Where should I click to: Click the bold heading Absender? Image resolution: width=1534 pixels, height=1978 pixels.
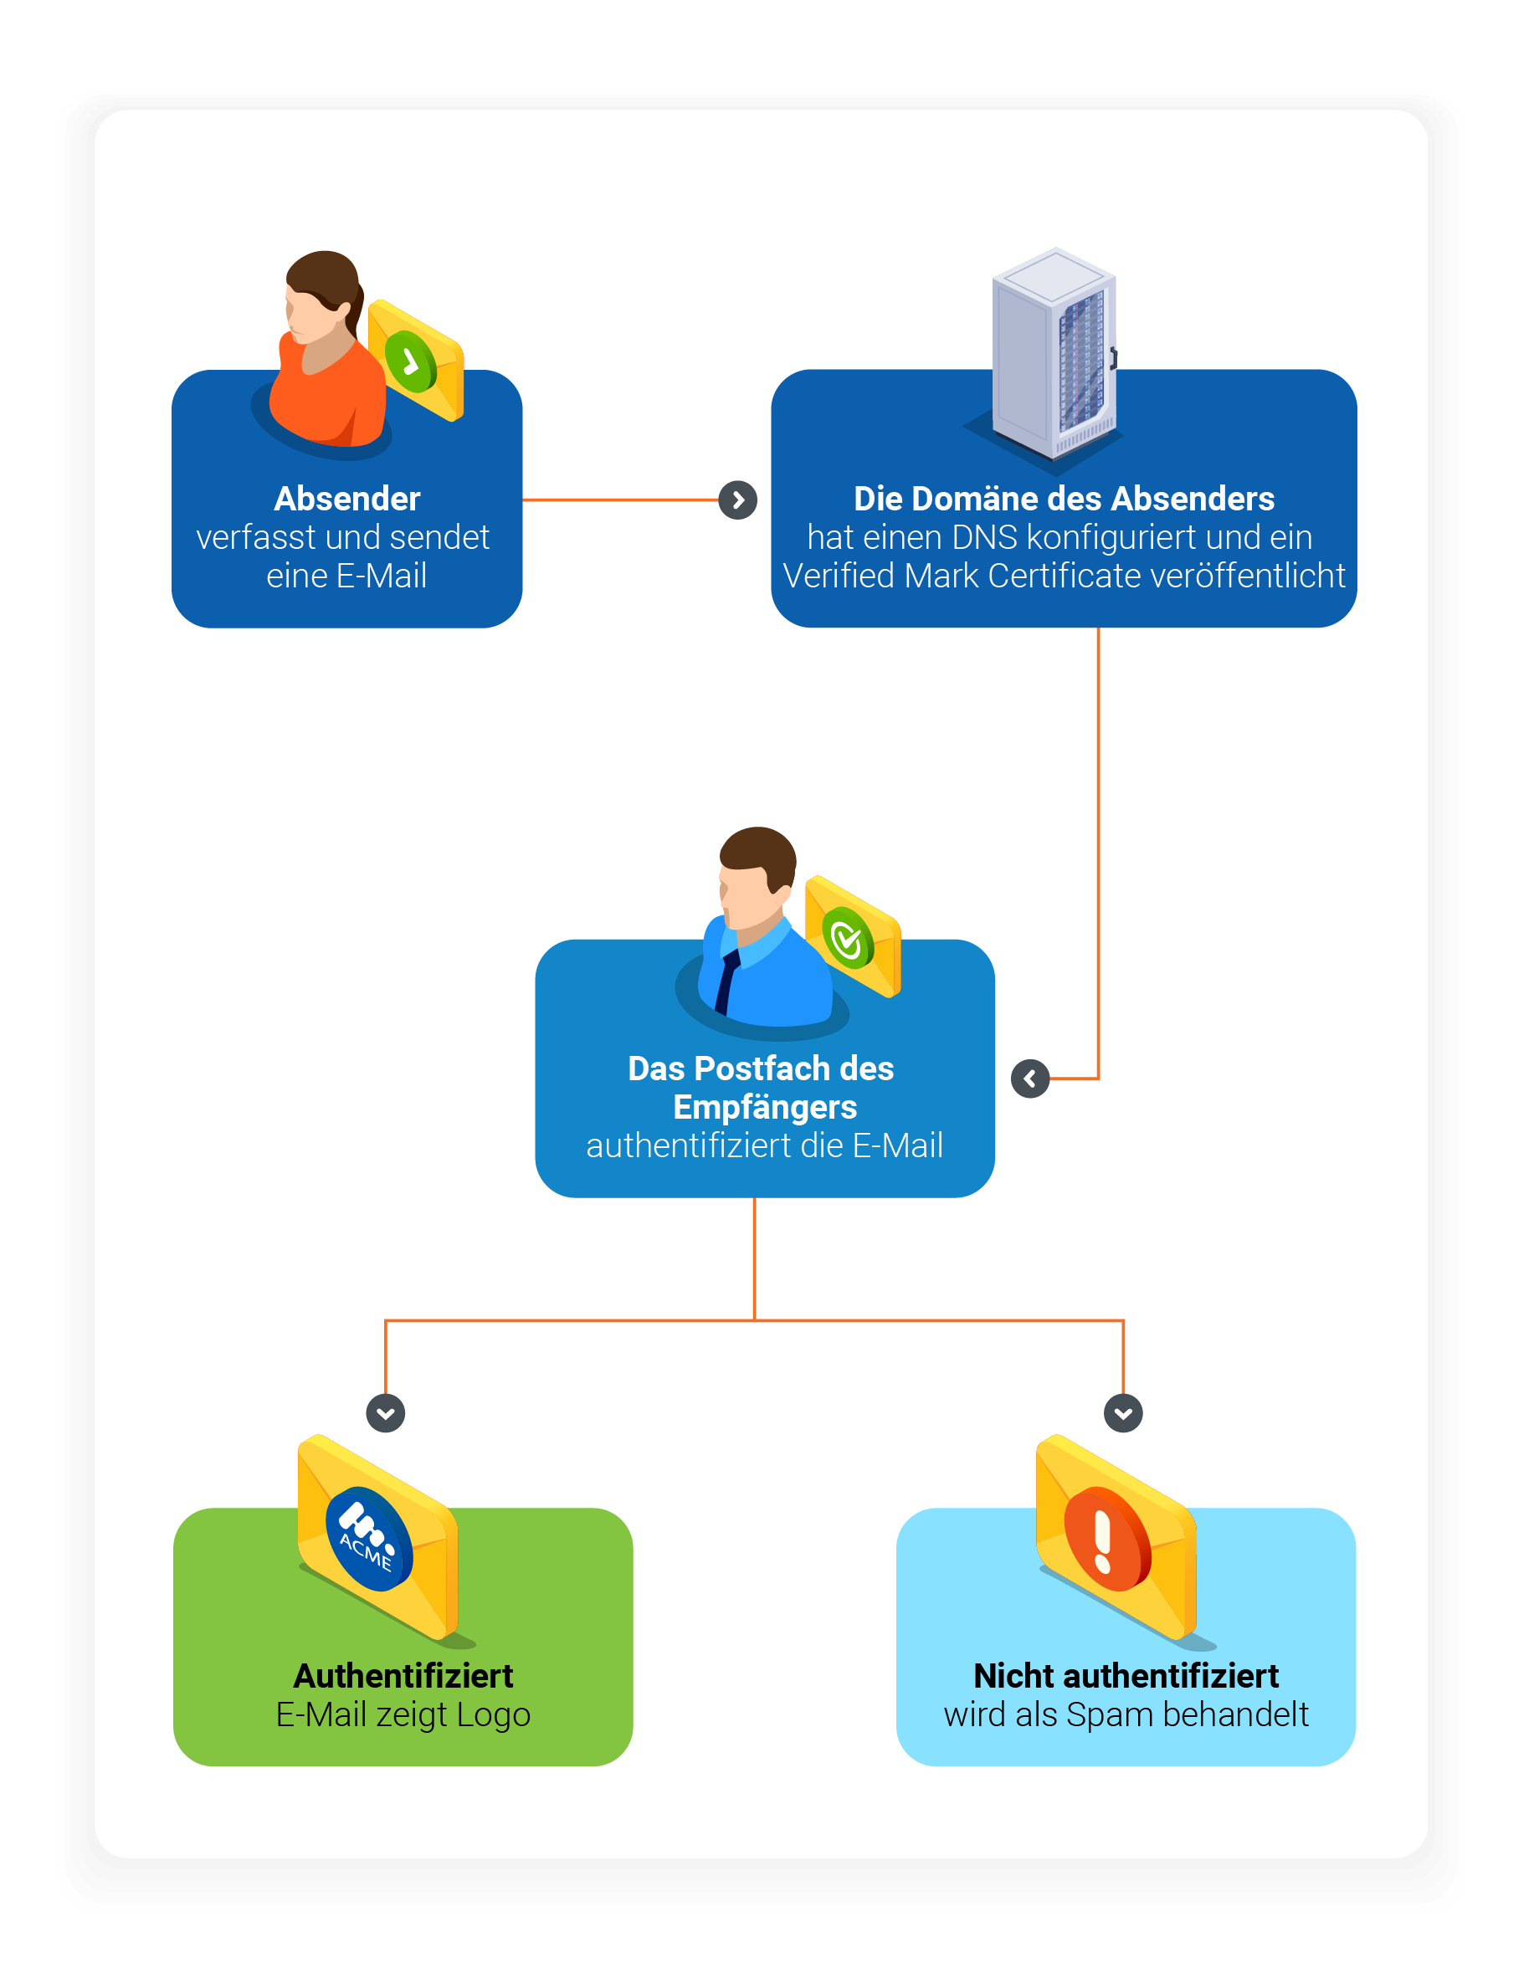347,499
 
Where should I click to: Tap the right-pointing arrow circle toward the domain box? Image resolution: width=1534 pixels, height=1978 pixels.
737,500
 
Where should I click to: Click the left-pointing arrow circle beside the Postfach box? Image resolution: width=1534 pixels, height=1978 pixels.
1029,1079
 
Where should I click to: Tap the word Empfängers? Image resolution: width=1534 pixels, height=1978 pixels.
765,1107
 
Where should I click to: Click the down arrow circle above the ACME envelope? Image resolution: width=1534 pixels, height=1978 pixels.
386,1413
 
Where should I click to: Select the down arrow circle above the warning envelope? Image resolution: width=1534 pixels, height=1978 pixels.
1122,1413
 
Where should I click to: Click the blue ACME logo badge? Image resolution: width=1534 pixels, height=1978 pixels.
369,1540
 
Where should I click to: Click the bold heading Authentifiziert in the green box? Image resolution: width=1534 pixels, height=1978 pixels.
403,1677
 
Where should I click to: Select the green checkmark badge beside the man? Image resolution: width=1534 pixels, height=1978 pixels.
847,939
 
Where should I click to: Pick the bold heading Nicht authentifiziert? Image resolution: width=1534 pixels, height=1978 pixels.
1126,1677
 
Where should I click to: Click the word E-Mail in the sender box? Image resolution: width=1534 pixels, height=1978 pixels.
382,576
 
